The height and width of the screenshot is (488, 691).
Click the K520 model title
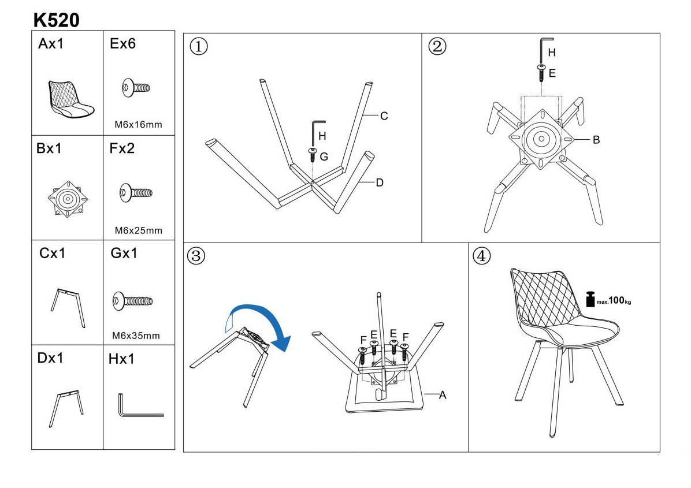click(56, 20)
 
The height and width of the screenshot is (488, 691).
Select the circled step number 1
click(199, 47)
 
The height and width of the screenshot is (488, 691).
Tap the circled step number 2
click(437, 46)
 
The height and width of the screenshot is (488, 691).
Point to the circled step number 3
click(196, 256)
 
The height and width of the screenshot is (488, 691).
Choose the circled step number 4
click(481, 255)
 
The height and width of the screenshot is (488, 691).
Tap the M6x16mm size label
click(138, 124)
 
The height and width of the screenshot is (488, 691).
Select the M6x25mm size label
click(138, 230)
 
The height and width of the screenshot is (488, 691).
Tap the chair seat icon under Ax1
click(70, 99)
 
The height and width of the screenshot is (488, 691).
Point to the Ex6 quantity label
click(122, 44)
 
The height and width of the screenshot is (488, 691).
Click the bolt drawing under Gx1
click(132, 300)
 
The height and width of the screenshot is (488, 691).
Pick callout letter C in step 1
click(384, 116)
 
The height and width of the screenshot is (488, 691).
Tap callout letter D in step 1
click(380, 182)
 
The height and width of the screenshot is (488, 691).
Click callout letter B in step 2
click(596, 139)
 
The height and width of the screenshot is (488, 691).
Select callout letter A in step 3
click(443, 395)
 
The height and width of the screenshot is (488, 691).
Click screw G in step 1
click(312, 154)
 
